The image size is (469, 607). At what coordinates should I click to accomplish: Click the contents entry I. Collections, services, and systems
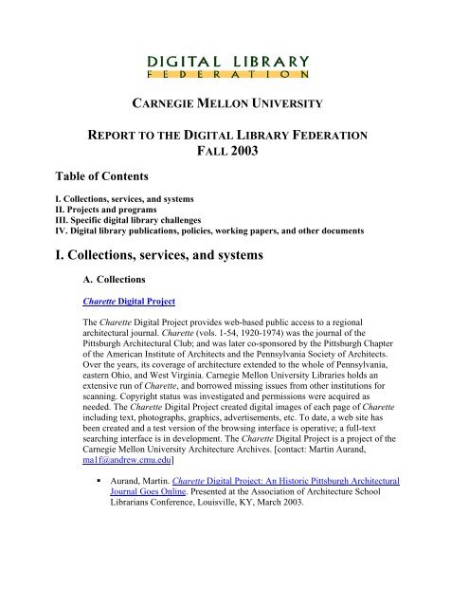click(x=133, y=227)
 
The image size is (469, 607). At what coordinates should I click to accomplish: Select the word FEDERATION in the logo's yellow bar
click(x=232, y=71)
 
